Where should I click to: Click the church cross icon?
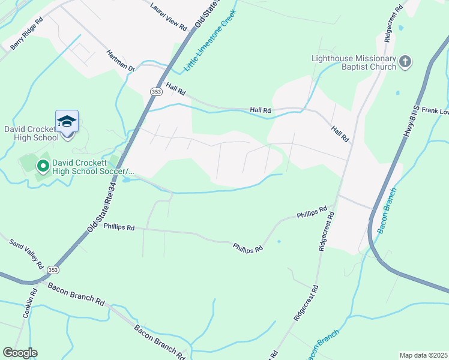[x=406, y=61]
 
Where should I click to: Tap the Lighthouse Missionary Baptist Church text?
[x=354, y=62]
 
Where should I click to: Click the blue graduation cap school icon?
[x=67, y=122]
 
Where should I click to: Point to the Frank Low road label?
[x=435, y=110]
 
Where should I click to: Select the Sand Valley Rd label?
[x=27, y=253]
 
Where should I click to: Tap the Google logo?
[x=20, y=353]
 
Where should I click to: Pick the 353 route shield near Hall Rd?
[x=155, y=91]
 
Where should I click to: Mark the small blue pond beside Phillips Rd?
[x=279, y=242]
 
